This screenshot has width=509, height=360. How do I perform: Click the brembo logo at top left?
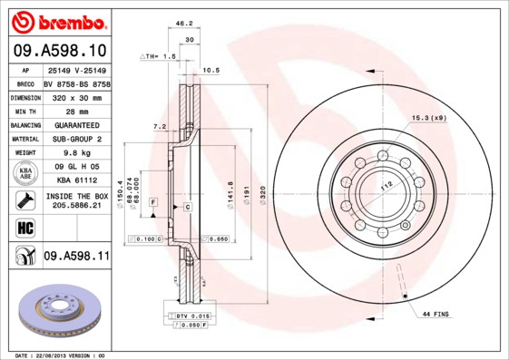[x=60, y=21]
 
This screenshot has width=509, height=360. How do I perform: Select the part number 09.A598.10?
[x=60, y=50]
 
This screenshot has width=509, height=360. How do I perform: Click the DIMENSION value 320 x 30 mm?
[x=76, y=96]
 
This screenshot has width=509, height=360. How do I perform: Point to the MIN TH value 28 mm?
[x=76, y=111]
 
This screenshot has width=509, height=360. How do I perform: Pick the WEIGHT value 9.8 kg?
[x=76, y=153]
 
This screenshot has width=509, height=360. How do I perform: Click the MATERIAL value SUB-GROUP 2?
[x=76, y=139]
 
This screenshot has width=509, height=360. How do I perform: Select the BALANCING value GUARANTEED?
[x=76, y=124]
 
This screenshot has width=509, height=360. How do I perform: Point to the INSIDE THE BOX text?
[x=76, y=196]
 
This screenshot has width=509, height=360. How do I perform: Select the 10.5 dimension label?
[x=210, y=69]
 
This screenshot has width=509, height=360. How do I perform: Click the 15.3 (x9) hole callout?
[x=429, y=118]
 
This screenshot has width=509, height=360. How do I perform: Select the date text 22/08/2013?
[x=60, y=355]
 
